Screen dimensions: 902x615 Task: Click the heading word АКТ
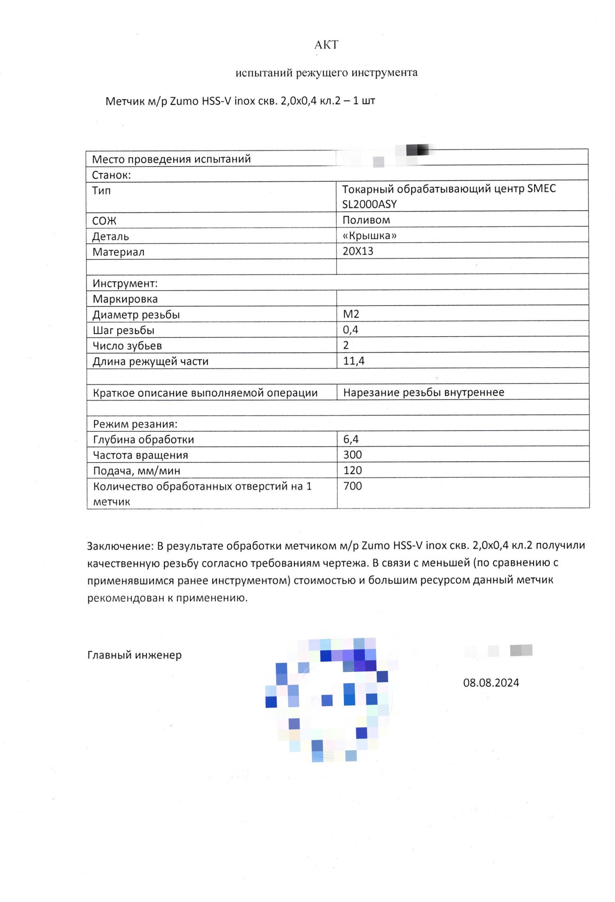[x=326, y=45]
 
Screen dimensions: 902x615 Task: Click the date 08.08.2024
[x=491, y=683]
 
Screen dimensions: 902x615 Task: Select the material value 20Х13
[x=358, y=251]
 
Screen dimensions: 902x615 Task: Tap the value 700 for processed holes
[x=353, y=486]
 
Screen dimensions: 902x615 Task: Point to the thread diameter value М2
[x=351, y=314]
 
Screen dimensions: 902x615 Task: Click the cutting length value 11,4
[x=353, y=361]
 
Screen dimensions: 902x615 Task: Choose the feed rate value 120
[x=353, y=470]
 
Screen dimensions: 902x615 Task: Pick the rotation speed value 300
[x=353, y=455]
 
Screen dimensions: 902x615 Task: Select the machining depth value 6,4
[x=351, y=439]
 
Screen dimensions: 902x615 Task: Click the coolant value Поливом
[x=366, y=220]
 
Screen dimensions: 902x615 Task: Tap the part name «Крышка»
[x=369, y=236]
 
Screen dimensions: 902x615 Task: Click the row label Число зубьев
[x=127, y=346]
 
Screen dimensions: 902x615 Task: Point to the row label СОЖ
[x=104, y=221]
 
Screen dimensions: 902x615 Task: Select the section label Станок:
[x=111, y=175]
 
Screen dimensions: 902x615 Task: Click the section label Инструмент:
[x=125, y=283]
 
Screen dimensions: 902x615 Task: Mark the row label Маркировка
[x=125, y=299]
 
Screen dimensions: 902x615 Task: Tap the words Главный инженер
[x=134, y=655]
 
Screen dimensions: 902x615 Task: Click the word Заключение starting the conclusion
[x=119, y=546]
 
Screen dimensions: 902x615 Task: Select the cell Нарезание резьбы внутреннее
[x=424, y=392]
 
